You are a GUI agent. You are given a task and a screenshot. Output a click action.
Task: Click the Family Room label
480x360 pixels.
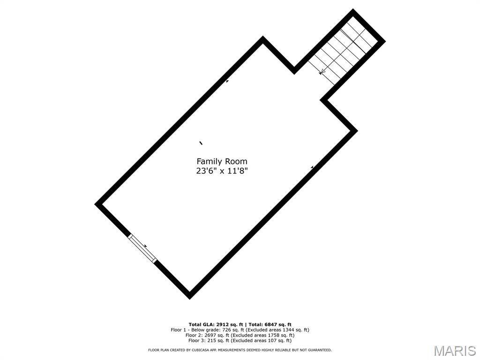tap(222, 161)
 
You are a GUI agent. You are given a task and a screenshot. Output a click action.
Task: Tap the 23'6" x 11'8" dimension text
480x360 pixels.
tap(222, 171)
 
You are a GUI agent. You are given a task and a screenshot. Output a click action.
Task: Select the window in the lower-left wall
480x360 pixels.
tap(142, 248)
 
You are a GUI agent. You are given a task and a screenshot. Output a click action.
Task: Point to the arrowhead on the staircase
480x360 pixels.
tap(322, 72)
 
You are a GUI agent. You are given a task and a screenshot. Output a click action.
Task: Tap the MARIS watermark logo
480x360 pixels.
tap(455, 351)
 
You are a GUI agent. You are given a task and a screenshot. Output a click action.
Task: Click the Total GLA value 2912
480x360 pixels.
tap(222, 324)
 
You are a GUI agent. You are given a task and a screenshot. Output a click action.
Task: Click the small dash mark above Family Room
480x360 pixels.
tap(201, 142)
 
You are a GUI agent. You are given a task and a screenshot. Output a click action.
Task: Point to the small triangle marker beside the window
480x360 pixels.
tap(145, 246)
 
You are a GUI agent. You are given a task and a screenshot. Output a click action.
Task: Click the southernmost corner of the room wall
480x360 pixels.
tap(189, 299)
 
